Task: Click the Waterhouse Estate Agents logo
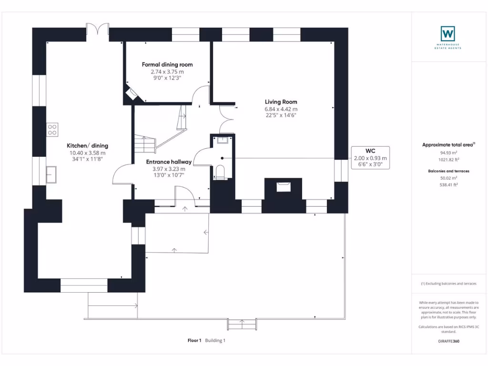tap(447, 33)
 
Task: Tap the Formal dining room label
tap(167, 64)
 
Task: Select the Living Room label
tap(281, 102)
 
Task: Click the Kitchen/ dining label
tap(87, 146)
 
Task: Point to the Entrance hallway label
tap(169, 162)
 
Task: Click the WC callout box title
tap(370, 151)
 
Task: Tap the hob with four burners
tap(52, 130)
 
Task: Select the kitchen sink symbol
tap(51, 174)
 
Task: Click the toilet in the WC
tap(220, 172)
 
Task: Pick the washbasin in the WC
tap(222, 140)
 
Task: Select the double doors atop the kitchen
tap(97, 30)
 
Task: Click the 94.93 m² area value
tap(448, 153)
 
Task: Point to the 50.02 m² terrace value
tap(448, 178)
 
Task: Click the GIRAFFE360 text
tap(448, 341)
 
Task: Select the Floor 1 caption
tap(194, 341)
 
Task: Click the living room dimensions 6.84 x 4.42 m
tap(281, 109)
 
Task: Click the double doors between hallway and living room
tap(224, 118)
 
